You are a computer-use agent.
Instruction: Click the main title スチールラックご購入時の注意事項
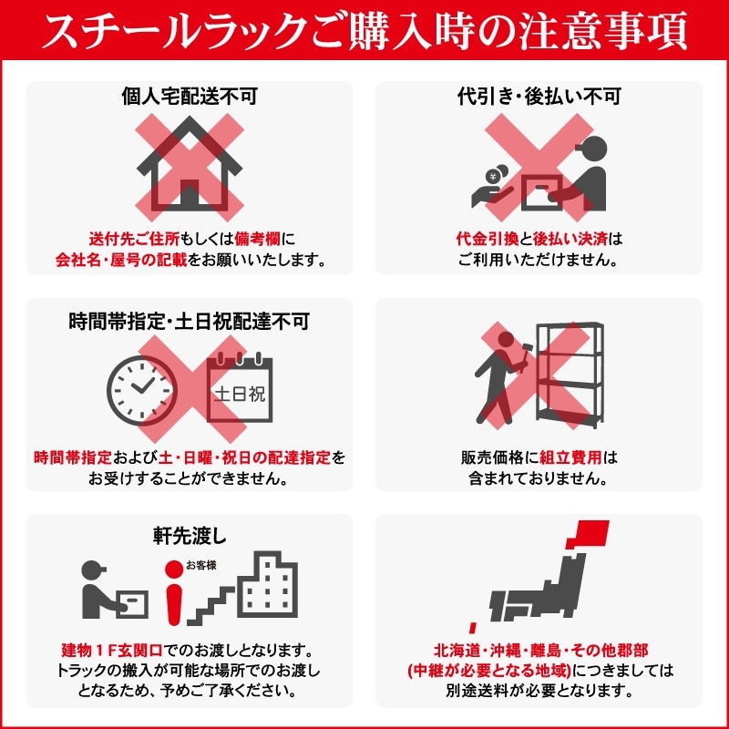point(364,34)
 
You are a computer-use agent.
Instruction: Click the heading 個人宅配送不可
point(190,96)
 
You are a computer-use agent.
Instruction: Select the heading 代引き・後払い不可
point(539,96)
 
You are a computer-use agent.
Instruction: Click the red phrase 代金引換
point(487,240)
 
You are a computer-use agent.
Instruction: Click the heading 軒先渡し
point(190,536)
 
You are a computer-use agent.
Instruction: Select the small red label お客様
point(200,565)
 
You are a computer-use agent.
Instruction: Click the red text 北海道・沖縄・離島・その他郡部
point(539,652)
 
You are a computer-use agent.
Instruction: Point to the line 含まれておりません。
point(539,477)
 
